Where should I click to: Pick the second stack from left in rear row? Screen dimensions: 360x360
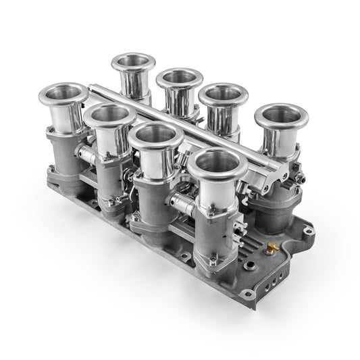pyautogui.click(x=180, y=78)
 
